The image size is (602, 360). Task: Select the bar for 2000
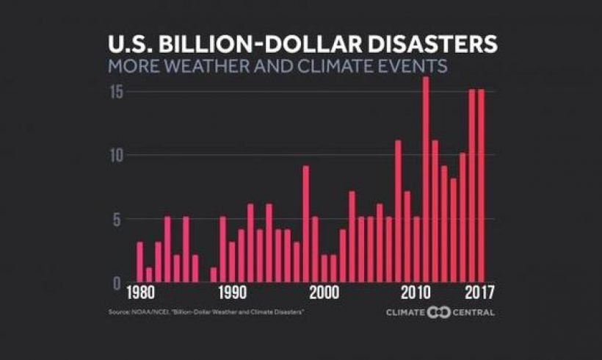324,269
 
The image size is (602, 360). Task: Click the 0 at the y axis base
115,283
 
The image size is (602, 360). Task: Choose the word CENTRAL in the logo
473,312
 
